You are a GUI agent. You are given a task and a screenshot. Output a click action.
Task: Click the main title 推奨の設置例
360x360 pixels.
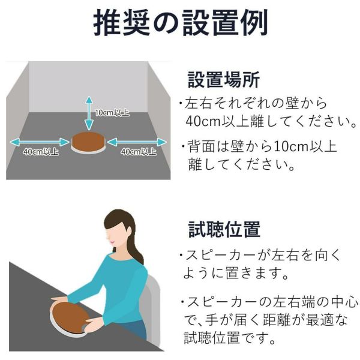(181, 23)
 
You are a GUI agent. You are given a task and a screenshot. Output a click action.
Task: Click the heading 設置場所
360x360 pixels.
(224, 80)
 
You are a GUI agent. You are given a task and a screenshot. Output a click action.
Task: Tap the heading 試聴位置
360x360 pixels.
(224, 229)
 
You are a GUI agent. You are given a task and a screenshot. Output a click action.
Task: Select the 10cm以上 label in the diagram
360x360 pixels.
(112, 113)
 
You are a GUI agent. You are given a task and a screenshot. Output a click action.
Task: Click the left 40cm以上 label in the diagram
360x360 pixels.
(41, 152)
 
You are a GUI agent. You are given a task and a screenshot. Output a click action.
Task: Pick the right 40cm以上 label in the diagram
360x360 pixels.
(139, 152)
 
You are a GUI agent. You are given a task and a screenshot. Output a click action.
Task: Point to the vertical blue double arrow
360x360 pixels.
(89, 113)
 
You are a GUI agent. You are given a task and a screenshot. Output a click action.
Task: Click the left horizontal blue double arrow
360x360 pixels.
(39, 142)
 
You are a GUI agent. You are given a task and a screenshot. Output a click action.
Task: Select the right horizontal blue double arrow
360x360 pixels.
(137, 142)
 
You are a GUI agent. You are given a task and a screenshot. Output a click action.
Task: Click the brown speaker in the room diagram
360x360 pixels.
(88, 142)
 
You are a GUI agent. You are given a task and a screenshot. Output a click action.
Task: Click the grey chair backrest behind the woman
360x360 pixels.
(152, 310)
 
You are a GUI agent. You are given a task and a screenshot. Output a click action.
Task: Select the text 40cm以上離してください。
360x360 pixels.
(271, 121)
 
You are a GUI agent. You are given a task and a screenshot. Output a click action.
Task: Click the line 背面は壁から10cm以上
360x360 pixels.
(262, 146)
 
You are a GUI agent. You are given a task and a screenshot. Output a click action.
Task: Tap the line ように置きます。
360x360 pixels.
(236, 273)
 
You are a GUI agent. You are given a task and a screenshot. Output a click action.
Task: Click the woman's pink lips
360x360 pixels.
(112, 242)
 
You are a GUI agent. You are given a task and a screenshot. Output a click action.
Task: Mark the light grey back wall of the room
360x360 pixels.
(88, 87)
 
